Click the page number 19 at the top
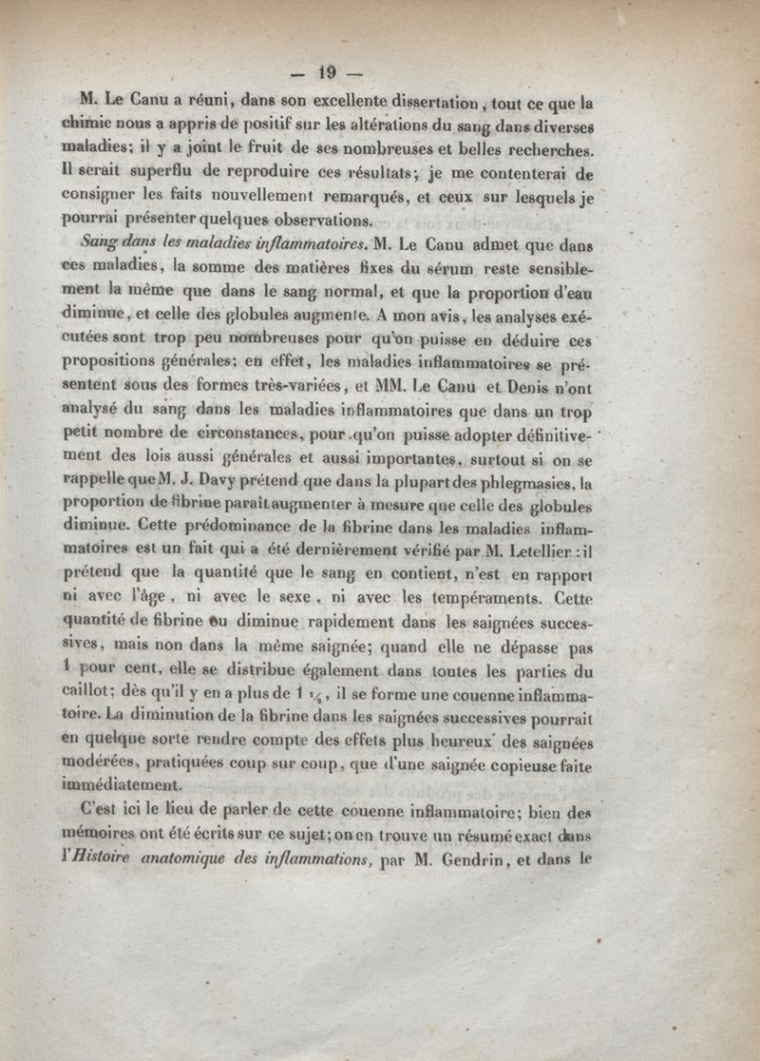point(329,73)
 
